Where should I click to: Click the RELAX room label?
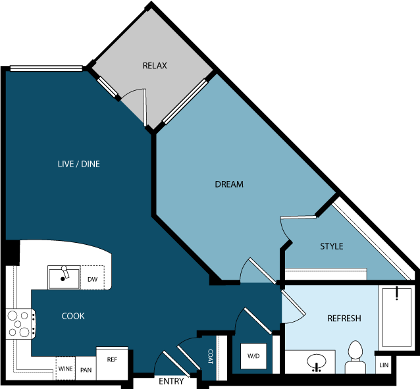155,66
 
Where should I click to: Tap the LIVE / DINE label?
78,164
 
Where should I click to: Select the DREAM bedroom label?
229,184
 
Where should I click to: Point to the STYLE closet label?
331,246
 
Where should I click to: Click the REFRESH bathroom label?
344,319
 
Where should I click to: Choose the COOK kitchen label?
73,316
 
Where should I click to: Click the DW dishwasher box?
93,280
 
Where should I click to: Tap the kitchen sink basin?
64,278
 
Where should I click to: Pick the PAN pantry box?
86,370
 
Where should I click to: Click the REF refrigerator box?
112,360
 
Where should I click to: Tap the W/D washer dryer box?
253,356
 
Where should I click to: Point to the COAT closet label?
210,359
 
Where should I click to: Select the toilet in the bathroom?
356,356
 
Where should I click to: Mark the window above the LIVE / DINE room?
46,68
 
